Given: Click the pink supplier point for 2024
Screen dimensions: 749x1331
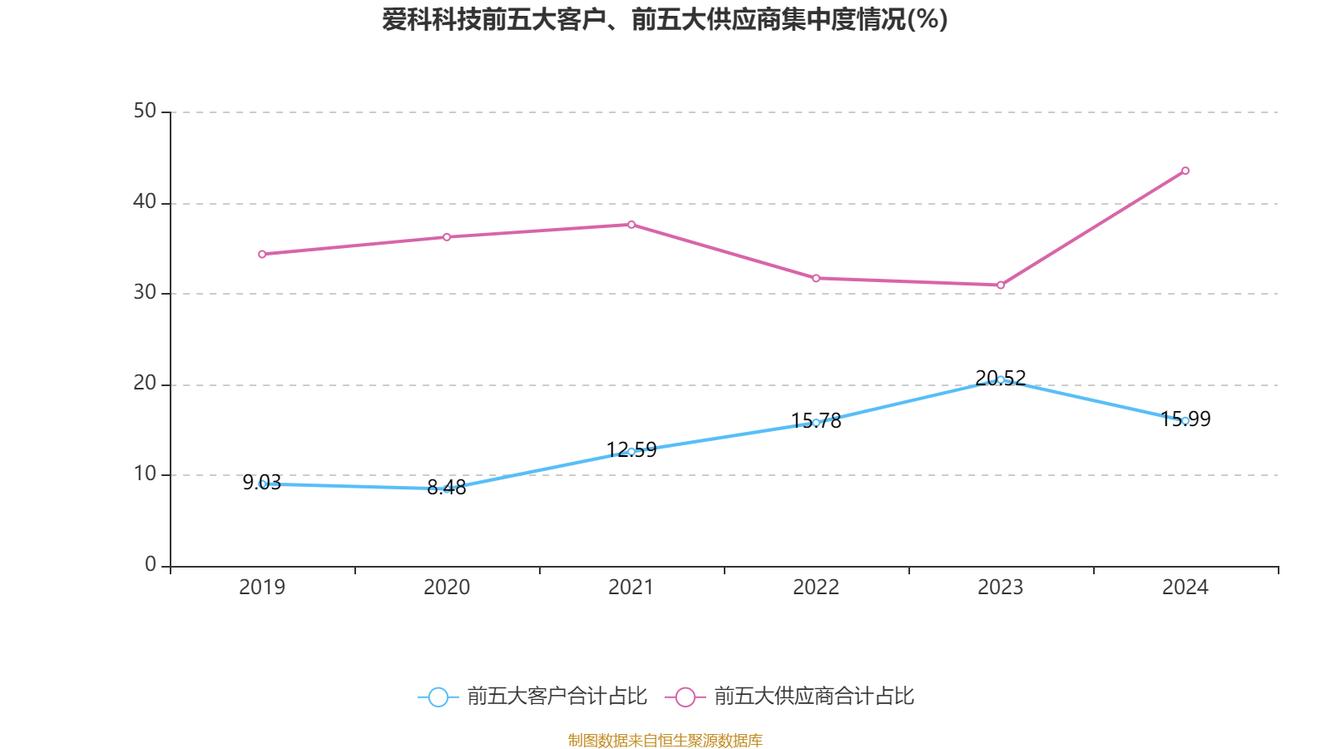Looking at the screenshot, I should click(x=1185, y=171).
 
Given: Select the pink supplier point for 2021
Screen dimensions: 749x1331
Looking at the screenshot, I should click(x=631, y=225).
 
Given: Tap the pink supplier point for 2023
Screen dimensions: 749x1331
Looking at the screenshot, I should click(x=1001, y=285).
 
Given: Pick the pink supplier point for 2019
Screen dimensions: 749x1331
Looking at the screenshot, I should click(x=262, y=254).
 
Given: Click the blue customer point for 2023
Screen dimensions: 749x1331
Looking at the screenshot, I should click(x=1001, y=379).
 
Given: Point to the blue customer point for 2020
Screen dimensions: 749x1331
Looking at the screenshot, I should click(x=447, y=489).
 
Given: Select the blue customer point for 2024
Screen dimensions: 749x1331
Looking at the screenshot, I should click(x=1185, y=421).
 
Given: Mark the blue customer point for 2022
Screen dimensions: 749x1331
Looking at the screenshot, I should click(x=816, y=423).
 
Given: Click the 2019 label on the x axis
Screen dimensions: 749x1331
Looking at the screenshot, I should click(x=262, y=588).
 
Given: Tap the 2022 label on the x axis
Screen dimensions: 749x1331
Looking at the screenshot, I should click(x=816, y=588).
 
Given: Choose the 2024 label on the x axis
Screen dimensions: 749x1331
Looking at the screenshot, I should click(x=1185, y=588).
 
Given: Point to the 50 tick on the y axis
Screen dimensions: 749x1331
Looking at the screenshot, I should click(x=145, y=112).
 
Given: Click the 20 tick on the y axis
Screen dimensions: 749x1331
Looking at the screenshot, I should click(x=145, y=384).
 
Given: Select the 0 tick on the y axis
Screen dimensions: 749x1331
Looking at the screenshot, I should click(x=151, y=565).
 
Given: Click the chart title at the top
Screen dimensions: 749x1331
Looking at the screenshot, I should click(x=665, y=19).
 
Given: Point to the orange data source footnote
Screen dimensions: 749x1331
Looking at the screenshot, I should click(x=665, y=740).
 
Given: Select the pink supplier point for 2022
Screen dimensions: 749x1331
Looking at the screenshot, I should click(x=816, y=278).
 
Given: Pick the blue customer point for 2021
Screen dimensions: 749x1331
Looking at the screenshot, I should click(x=631, y=452).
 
